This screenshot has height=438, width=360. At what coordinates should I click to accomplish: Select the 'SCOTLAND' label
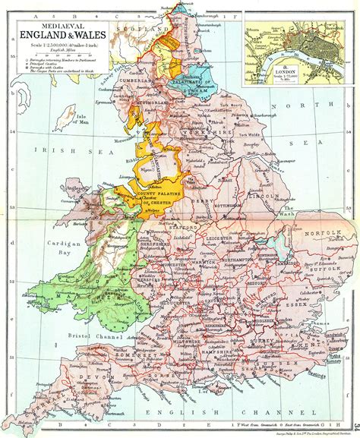(141, 29)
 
